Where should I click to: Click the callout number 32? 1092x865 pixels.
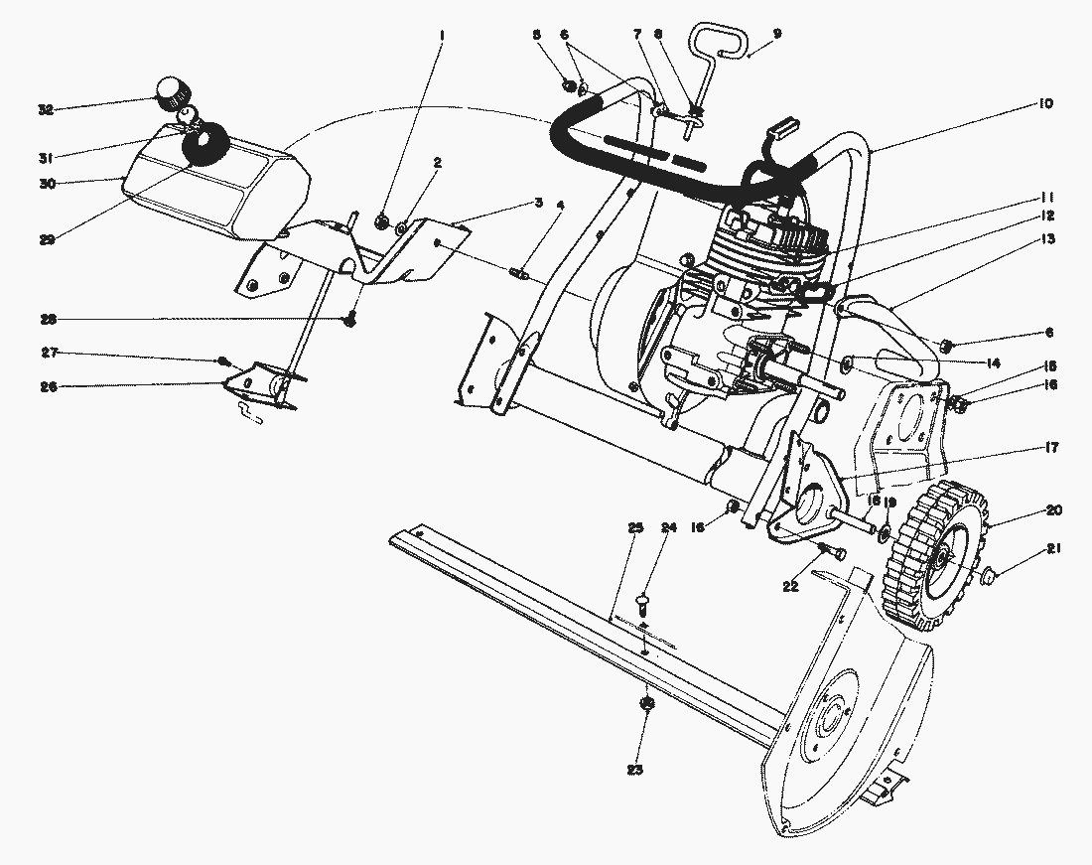coord(46,109)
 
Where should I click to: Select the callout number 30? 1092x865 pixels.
coord(46,183)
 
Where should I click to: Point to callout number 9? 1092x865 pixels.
coord(777,33)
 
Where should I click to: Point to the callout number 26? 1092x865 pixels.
coord(47,387)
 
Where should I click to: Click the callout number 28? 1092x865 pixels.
coord(46,319)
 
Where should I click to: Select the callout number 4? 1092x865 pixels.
coord(561,206)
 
